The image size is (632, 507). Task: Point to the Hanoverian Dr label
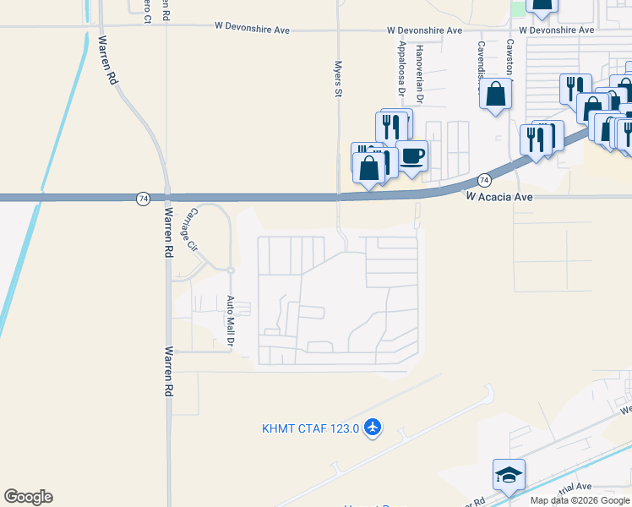pos(419,63)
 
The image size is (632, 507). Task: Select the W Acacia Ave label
pos(500,196)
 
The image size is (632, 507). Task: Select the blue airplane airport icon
pos(373,428)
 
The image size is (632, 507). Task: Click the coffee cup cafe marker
pos(411,156)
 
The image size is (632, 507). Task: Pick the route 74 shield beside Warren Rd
pos(143,198)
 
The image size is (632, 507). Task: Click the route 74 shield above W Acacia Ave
pos(483,180)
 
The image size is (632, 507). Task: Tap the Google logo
pos(28,497)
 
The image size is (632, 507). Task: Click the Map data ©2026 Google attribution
pos(580,500)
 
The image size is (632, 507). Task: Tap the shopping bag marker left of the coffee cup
pos(369,168)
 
